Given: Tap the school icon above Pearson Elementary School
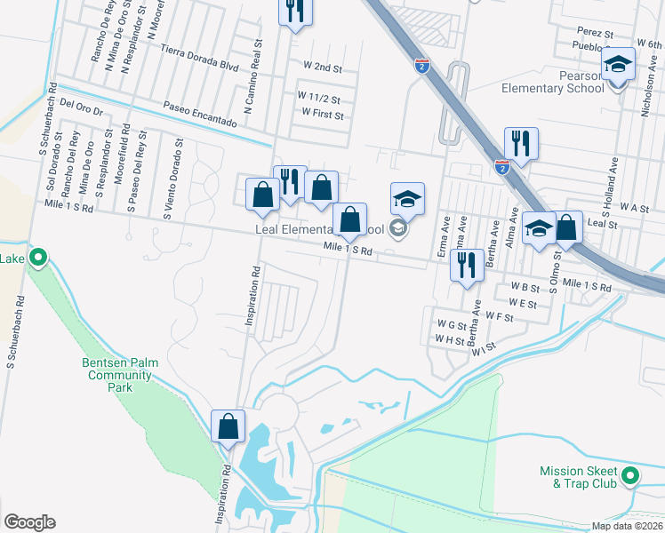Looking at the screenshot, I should (618, 64).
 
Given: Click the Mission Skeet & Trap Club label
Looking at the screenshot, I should (578, 477).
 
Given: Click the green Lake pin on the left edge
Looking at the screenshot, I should (37, 259).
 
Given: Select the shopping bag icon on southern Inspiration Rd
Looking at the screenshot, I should (228, 426).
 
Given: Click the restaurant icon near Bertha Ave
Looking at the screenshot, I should (467, 264).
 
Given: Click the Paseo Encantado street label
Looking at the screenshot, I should (201, 114).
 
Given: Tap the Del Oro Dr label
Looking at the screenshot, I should (82, 107).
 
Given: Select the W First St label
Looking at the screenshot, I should (322, 114).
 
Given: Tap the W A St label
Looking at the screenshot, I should (632, 207).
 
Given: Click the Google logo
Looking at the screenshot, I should (29, 522).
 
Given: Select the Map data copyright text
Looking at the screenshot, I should (626, 526).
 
